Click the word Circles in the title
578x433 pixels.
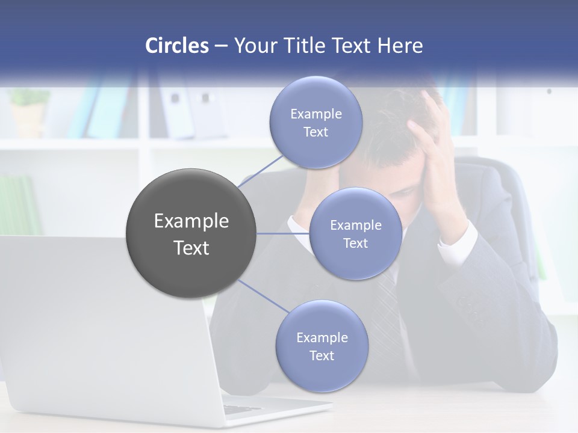point(177,46)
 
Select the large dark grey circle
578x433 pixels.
point(191,233)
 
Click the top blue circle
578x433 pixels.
point(315,122)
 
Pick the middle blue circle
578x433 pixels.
point(355,233)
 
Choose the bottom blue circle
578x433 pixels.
point(322,346)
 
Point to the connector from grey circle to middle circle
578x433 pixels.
point(283,233)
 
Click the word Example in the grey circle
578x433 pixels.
point(191,221)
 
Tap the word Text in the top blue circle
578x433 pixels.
point(315,132)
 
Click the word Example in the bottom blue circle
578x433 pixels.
point(322,337)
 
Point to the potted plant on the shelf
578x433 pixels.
point(28,111)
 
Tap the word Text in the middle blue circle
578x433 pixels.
point(355,243)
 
